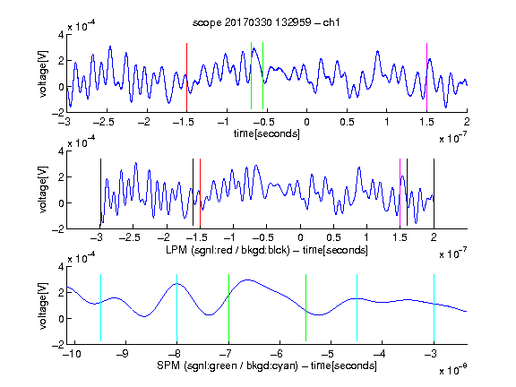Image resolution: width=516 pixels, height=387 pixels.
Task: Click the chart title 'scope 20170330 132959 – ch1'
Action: [x=266, y=22]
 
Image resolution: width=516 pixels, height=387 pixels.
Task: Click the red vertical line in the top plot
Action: [x=186, y=77]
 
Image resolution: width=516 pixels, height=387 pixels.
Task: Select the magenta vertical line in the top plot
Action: [x=426, y=77]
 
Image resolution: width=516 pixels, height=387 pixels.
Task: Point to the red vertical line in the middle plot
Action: [x=200, y=193]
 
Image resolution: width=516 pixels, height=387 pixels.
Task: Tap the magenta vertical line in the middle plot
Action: [x=400, y=193]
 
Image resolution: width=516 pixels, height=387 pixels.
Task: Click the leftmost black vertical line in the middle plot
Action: [x=100, y=193]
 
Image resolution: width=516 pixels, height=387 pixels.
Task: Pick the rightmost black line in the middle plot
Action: [x=434, y=193]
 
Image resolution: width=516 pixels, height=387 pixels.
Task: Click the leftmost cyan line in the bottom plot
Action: [x=100, y=307]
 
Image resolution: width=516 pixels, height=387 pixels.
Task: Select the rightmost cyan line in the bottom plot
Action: [x=434, y=307]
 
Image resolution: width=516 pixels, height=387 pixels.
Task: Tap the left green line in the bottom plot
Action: [x=228, y=307]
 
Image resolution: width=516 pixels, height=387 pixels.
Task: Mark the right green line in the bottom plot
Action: [x=305, y=307]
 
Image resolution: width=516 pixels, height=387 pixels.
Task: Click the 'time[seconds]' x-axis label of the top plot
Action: [x=267, y=133]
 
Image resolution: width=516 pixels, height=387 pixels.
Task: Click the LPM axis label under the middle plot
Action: [x=267, y=250]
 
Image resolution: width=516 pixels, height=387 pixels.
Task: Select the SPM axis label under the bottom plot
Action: [x=267, y=365]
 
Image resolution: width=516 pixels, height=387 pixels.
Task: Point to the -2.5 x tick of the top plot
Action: [x=103, y=122]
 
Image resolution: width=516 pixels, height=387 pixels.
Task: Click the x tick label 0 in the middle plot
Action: [x=300, y=237]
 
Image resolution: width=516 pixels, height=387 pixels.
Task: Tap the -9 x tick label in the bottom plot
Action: [x=123, y=354]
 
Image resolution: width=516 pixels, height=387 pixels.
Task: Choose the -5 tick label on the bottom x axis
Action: [x=328, y=354]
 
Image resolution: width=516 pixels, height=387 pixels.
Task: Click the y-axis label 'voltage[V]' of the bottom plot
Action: [x=43, y=305]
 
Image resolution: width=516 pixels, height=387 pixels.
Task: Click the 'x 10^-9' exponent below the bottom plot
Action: [x=452, y=370]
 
